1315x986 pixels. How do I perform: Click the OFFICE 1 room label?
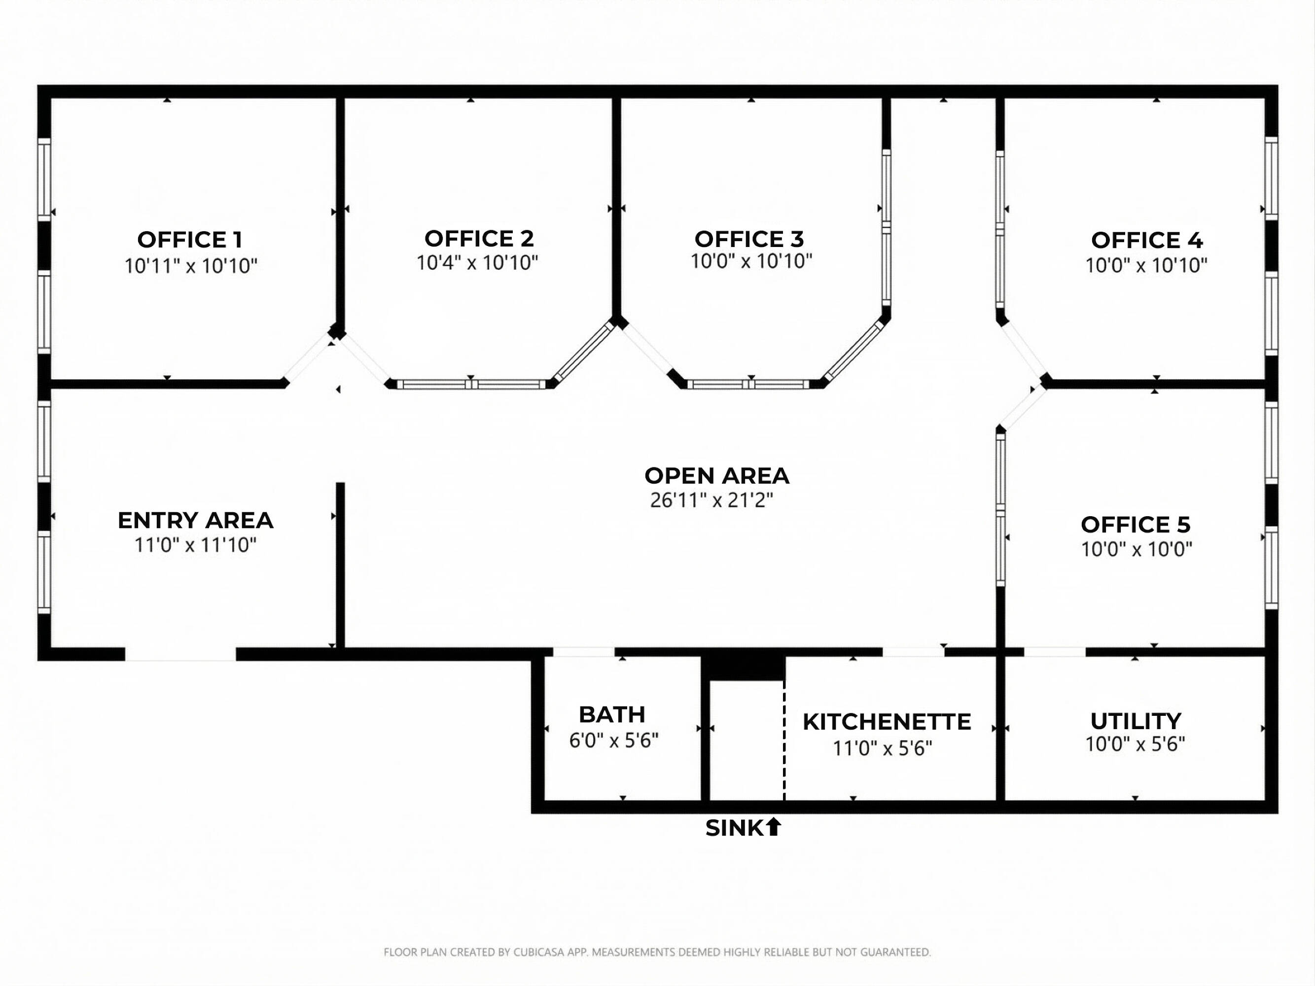click(190, 240)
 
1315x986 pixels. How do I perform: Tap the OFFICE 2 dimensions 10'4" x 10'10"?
click(477, 262)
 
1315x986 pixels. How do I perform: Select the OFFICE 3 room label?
click(749, 239)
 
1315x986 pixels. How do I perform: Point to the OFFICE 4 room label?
click(1147, 240)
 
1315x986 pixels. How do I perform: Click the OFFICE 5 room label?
click(1136, 524)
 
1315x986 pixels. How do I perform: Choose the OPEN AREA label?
click(717, 475)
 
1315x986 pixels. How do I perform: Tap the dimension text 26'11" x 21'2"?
click(711, 500)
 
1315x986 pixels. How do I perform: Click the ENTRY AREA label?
click(196, 520)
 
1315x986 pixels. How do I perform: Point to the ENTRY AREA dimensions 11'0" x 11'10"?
click(196, 544)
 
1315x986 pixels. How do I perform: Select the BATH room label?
click(612, 714)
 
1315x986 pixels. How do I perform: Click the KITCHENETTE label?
click(887, 722)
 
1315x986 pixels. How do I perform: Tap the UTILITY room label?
click(1136, 721)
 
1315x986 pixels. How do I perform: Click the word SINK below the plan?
click(734, 828)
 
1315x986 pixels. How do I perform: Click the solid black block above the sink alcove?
click(743, 668)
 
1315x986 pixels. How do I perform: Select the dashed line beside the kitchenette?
click(784, 740)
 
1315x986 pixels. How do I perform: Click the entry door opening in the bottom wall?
click(181, 654)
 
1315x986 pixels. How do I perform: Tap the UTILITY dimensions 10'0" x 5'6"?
click(1135, 744)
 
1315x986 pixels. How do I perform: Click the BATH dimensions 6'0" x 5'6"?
click(613, 740)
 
